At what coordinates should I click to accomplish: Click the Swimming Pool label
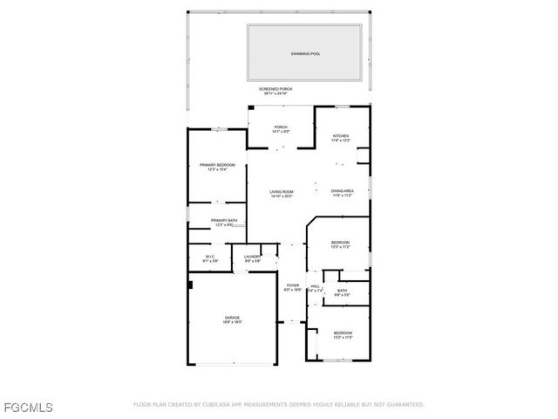[305, 54]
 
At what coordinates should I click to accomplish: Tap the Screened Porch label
[276, 89]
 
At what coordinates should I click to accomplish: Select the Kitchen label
[340, 136]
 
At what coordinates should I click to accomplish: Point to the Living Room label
[281, 192]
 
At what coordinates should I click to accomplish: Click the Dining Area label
[341, 192]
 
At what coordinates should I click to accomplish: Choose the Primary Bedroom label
[217, 165]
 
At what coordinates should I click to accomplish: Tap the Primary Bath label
[224, 221]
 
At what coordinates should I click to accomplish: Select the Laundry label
[252, 257]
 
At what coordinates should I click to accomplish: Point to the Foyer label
[293, 285]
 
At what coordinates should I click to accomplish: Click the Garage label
[232, 318]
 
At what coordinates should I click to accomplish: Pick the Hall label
[315, 285]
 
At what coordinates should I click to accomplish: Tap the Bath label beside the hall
[342, 291]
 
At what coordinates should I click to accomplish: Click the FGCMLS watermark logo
[28, 408]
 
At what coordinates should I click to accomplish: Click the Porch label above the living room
[281, 127]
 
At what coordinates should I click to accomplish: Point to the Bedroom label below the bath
[342, 333]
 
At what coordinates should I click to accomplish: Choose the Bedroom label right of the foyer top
[340, 243]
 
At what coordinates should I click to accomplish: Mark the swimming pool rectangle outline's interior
[305, 65]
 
